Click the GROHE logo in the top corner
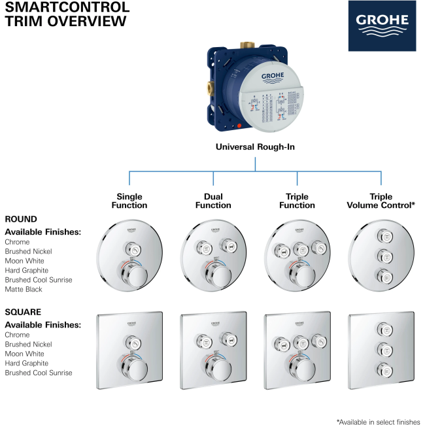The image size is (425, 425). [x=381, y=25]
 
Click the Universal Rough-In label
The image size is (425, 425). [x=255, y=147]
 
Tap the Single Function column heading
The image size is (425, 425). [x=129, y=201]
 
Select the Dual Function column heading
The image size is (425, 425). [x=213, y=201]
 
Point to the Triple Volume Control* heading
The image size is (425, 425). [x=381, y=201]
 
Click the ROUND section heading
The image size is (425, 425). [x=21, y=219]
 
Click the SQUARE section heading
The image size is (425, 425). [x=23, y=312]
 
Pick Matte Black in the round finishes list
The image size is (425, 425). [x=24, y=289]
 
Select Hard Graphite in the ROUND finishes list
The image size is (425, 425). [x=27, y=270]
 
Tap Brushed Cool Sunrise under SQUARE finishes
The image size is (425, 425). [x=39, y=373]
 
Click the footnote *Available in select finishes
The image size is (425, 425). [x=378, y=422]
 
